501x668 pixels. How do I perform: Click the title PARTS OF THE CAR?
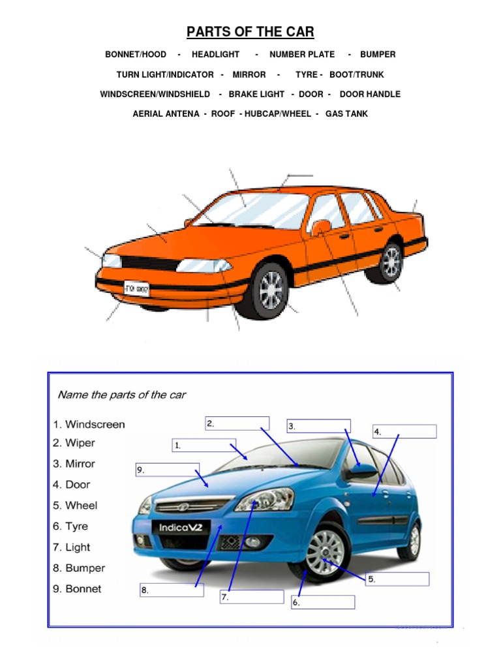coord(250,32)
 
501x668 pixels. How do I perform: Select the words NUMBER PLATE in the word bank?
coord(302,55)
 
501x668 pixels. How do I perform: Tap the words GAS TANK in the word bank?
coord(346,114)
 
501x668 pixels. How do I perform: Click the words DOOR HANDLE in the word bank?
coord(370,94)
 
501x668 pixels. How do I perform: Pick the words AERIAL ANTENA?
coord(166,114)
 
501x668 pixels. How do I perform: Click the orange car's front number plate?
coord(137,287)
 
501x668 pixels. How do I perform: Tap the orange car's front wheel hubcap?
coord(271,290)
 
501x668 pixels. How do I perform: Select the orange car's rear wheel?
coord(391,262)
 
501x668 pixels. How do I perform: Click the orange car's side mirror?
coord(321,227)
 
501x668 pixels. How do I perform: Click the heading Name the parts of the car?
coord(122,395)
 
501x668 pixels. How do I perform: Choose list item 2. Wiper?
coord(74,443)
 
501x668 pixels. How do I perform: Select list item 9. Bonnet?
coord(78,589)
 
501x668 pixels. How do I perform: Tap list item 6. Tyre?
coord(70,526)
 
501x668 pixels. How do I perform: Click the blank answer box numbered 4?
coord(404,431)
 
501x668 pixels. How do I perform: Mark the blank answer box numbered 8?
coord(172,590)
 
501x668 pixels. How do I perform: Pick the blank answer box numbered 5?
coord(397,579)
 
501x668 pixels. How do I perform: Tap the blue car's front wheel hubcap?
coord(324,553)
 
